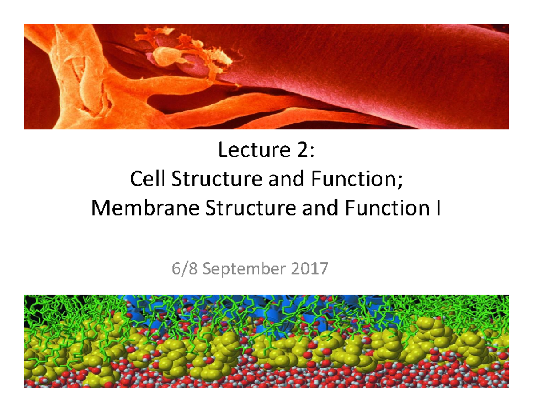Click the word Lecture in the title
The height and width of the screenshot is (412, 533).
245,152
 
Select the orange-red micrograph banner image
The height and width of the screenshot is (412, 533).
266,76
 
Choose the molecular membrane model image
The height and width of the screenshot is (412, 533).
266,340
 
